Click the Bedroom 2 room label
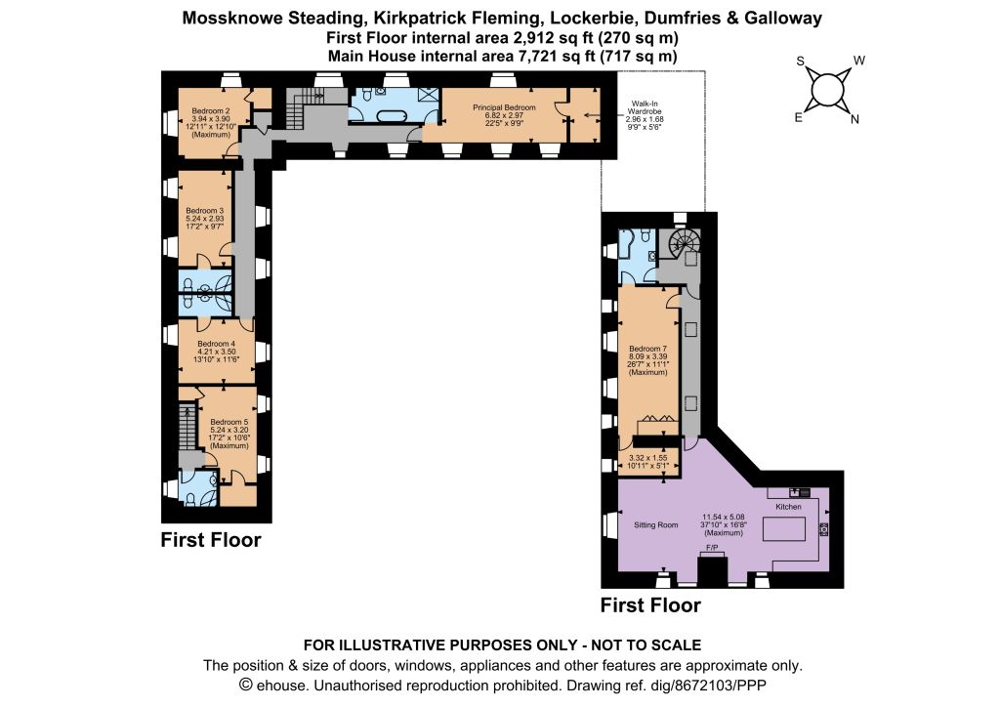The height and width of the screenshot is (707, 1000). click(211, 111)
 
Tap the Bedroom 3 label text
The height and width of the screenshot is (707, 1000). click(205, 210)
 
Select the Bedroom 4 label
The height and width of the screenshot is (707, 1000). click(216, 344)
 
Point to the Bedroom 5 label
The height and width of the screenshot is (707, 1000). click(229, 422)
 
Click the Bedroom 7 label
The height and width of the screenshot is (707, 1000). click(648, 349)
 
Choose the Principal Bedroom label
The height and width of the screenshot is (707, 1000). click(504, 107)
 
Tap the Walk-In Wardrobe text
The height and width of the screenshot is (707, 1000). click(645, 107)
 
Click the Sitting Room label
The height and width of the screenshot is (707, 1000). click(655, 524)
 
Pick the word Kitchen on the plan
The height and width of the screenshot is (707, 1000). click(788, 506)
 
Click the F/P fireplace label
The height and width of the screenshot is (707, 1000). click(712, 548)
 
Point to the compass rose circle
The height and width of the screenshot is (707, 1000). click(826, 90)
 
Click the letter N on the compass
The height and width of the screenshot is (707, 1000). click(854, 118)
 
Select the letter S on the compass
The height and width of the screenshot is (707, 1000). click(801, 62)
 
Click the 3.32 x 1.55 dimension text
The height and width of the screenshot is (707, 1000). click(648, 458)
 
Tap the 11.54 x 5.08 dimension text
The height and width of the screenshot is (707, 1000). click(724, 517)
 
